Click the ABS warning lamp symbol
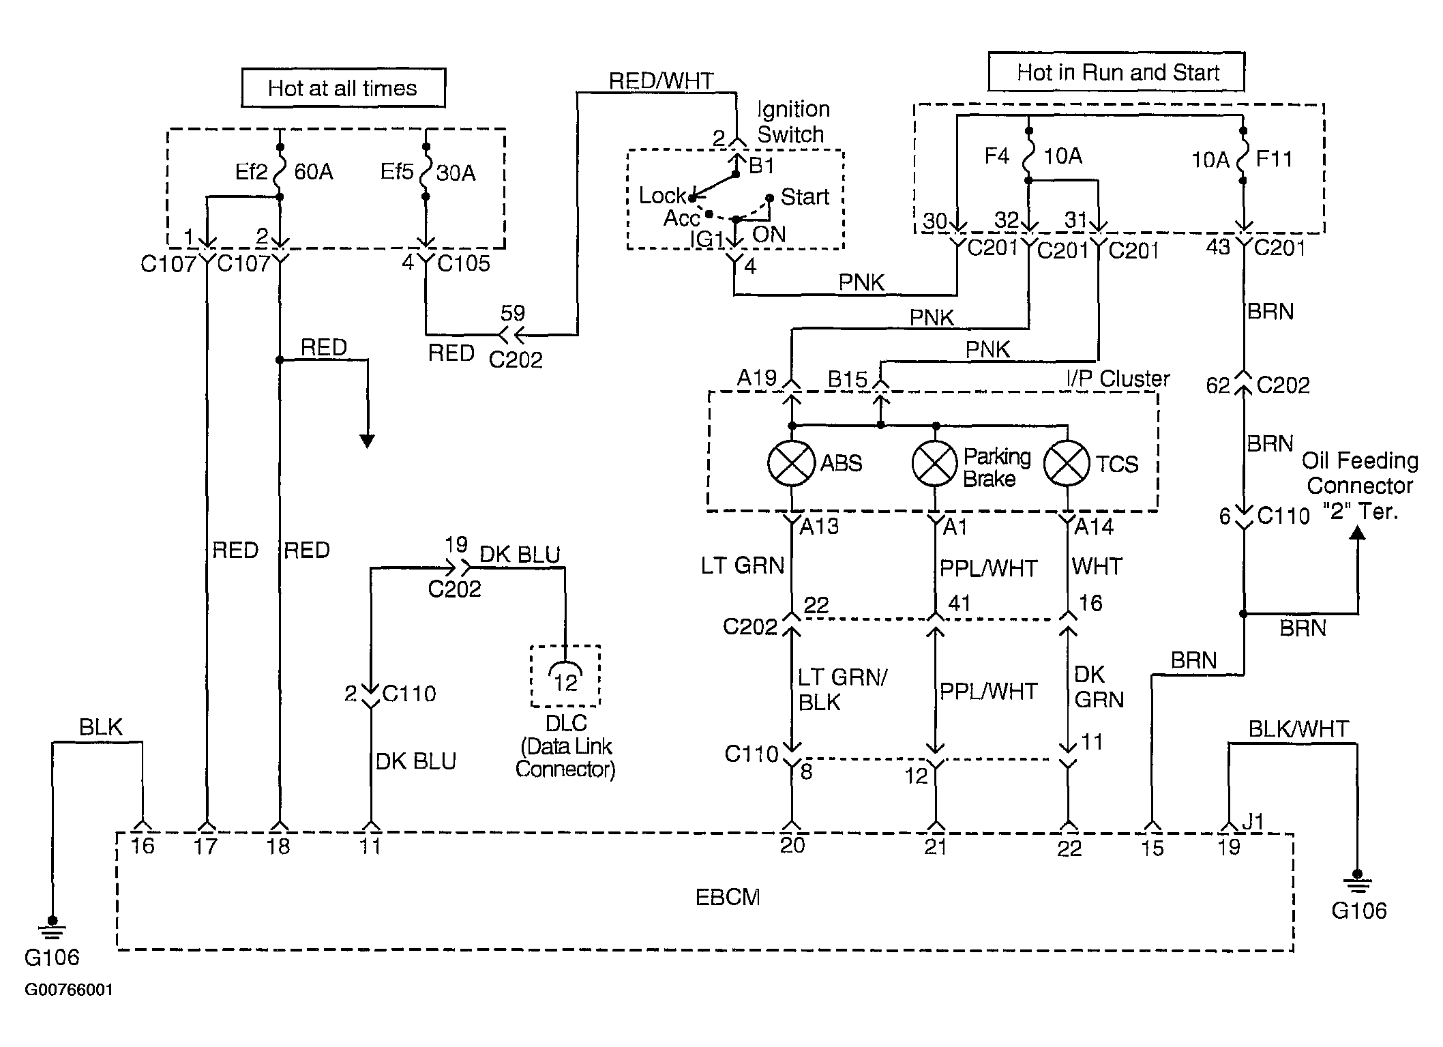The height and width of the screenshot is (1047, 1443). coord(791,463)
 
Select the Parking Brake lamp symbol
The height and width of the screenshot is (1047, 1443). coord(935,463)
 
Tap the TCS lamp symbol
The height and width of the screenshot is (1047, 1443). coord(1067,463)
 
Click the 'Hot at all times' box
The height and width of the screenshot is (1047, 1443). coord(343,88)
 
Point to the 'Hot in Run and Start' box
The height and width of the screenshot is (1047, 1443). coord(1116,72)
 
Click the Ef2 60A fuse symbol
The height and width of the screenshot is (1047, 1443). coord(280,171)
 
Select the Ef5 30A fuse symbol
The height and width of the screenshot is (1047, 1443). coord(426,171)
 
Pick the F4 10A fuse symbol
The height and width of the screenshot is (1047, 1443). coord(1028,156)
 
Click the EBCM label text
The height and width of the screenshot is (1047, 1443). coord(728,897)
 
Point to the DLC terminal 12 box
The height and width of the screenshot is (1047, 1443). coord(565,676)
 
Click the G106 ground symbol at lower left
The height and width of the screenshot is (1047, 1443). coord(52,927)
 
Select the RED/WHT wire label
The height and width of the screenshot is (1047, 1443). coord(661,80)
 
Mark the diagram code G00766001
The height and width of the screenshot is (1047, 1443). coord(69,990)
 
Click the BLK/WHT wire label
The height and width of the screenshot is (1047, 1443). coord(1298,728)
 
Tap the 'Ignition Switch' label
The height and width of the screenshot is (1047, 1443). coord(792,121)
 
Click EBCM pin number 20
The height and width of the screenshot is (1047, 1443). coord(792,846)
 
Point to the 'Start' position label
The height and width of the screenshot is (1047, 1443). coord(805,197)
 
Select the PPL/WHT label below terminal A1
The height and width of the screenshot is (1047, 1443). coord(988,568)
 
